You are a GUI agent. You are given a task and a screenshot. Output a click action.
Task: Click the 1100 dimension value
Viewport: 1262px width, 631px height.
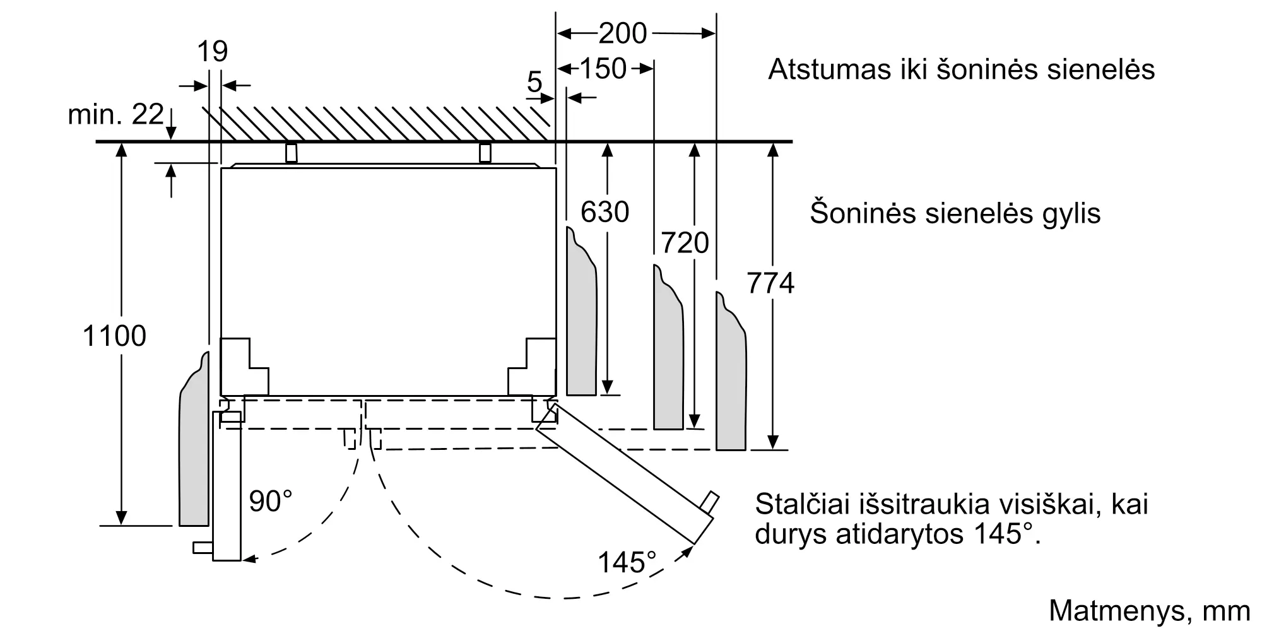click(114, 336)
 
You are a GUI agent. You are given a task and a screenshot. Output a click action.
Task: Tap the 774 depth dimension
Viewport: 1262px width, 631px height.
click(770, 283)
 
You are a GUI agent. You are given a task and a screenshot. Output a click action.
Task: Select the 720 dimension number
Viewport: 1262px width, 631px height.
click(685, 243)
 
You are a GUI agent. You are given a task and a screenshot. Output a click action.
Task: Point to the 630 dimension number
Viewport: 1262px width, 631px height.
click(604, 212)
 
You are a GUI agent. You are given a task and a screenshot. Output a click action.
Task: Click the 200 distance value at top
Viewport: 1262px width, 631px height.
click(623, 33)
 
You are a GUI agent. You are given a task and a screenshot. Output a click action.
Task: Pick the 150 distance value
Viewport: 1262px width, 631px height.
click(603, 68)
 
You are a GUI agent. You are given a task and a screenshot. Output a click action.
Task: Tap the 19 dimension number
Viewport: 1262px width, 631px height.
click(212, 51)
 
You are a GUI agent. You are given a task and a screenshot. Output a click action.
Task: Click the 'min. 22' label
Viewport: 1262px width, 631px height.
click(116, 115)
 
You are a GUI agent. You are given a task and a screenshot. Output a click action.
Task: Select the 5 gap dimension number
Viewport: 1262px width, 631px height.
click(534, 82)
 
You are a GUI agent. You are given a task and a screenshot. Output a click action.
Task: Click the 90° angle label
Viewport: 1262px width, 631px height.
click(271, 501)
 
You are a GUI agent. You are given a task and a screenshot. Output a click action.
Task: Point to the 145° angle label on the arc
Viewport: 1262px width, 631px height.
click(627, 562)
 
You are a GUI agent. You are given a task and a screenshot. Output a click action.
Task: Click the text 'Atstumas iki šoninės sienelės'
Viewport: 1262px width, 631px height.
click(961, 69)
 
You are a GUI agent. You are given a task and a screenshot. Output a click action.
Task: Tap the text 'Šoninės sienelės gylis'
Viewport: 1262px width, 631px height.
click(955, 213)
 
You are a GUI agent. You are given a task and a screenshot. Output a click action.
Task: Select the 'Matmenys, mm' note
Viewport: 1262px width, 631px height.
click(1149, 611)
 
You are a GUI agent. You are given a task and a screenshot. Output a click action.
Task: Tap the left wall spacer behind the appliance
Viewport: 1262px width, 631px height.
click(291, 153)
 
